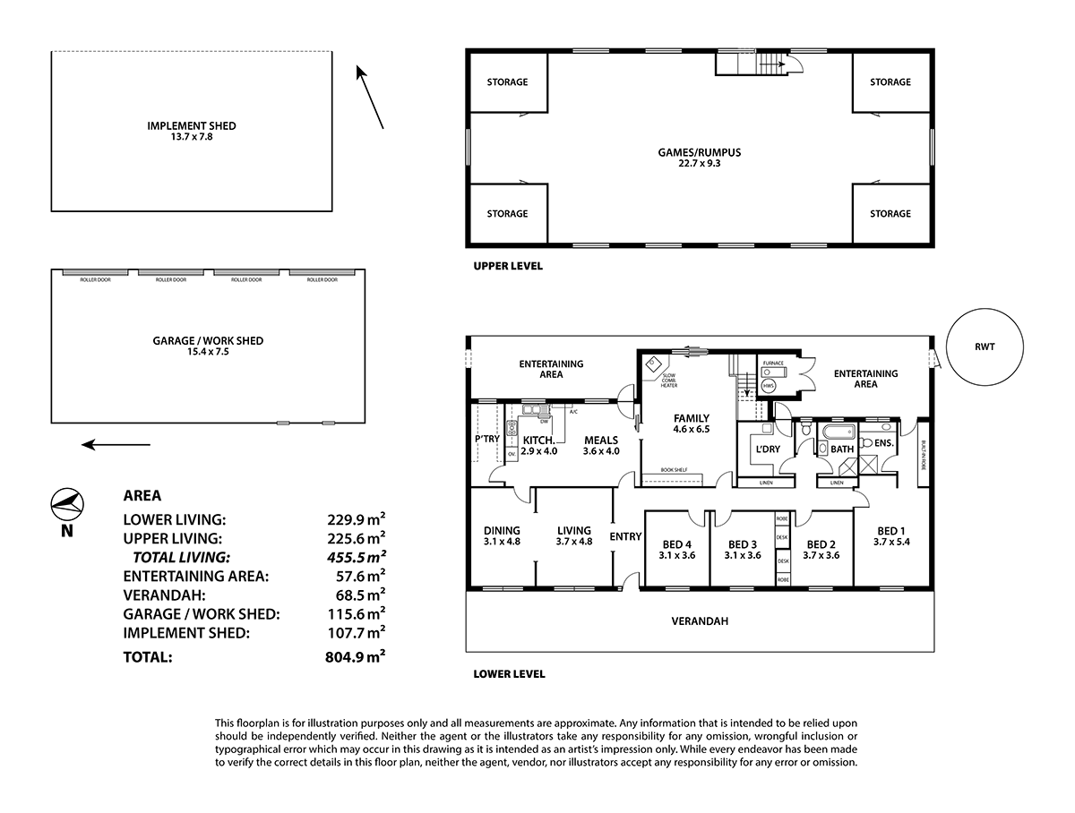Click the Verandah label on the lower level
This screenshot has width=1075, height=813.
[700, 620]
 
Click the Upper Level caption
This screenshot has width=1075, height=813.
[508, 266]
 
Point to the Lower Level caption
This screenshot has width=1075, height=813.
[509, 674]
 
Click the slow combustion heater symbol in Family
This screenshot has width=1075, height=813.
[653, 364]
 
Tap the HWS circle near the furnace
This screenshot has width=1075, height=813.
[768, 385]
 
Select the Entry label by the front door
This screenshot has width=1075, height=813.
[625, 536]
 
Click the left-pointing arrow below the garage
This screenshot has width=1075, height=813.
[115, 444]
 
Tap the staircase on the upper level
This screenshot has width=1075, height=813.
[748, 64]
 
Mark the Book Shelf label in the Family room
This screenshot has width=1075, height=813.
[674, 469]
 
